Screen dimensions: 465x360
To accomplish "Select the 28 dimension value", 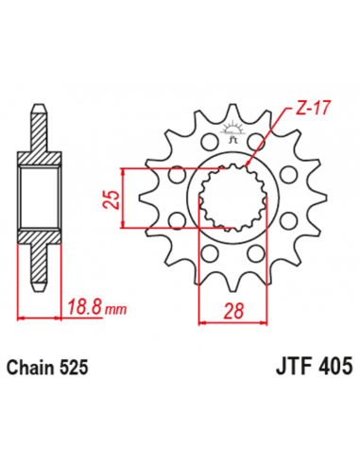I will (x=231, y=309).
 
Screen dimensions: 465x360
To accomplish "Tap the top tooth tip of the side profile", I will (x=37, y=108).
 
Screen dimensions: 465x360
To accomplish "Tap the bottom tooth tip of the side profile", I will (x=37, y=283).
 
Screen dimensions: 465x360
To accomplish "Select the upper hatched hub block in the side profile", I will (x=37, y=157).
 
